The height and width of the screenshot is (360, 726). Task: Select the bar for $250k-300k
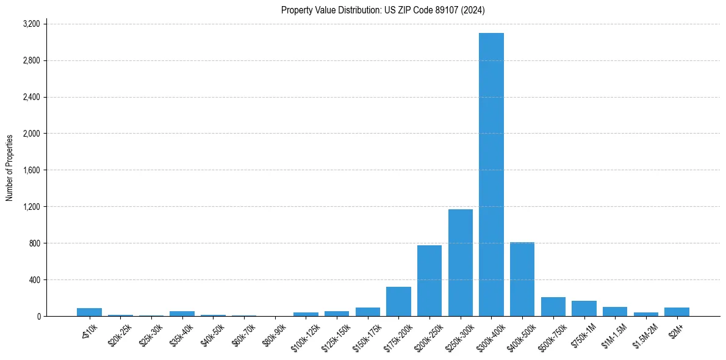460,263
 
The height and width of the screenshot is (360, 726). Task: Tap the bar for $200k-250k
429,281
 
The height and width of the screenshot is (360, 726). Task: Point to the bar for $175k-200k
398,301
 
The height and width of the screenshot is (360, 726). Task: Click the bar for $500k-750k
553,307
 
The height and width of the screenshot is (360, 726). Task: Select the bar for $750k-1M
584,309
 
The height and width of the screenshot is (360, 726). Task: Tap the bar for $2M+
677,312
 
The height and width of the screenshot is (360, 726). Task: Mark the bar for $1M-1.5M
615,312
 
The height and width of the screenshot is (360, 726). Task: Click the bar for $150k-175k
368,312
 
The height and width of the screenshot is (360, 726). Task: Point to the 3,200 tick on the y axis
31,24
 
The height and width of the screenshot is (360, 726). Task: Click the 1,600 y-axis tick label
31,170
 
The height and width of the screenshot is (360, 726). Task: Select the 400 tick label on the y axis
34,280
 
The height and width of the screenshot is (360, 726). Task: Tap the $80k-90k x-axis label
273,334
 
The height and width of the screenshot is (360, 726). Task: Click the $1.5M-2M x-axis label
644,334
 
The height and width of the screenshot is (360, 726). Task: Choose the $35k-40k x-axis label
181,334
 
